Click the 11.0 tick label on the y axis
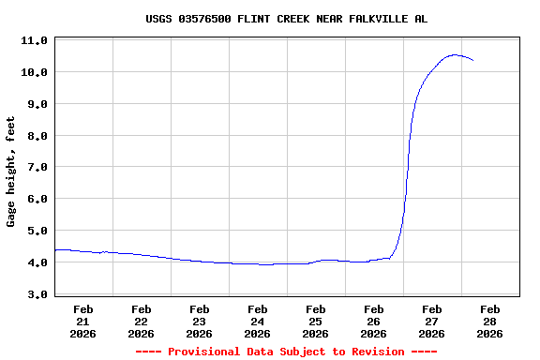click(x=35, y=41)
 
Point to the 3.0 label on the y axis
click(x=37, y=294)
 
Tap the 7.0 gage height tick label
click(x=37, y=168)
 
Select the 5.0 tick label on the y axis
click(x=37, y=231)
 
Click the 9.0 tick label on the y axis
click(x=37, y=104)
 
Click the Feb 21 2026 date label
click(x=83, y=321)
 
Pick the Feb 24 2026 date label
click(x=258, y=321)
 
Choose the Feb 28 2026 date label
click(x=490, y=321)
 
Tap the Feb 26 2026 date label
click(x=374, y=321)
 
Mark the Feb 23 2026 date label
click(x=200, y=321)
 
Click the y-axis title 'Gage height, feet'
click(x=11, y=172)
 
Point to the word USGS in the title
click(x=159, y=19)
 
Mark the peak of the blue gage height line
click(x=455, y=54)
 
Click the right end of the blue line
click(x=473, y=61)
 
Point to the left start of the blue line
click(x=55, y=250)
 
